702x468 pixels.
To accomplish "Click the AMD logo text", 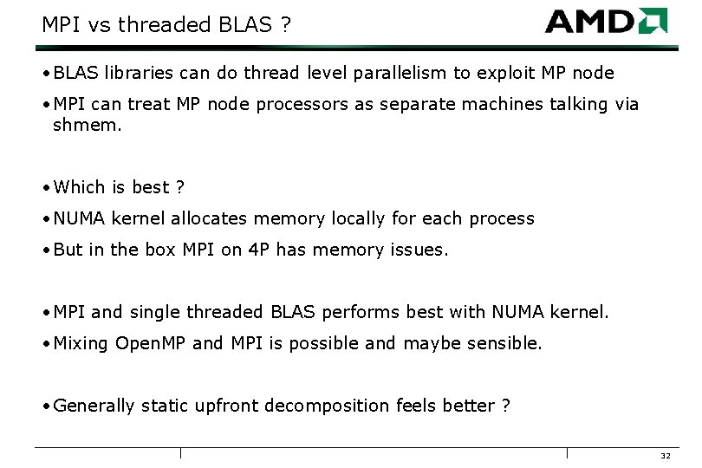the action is [x=591, y=22].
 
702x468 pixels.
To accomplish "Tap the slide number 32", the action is [x=666, y=456].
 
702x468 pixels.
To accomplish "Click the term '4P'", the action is [x=258, y=250].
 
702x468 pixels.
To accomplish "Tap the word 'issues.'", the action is [x=421, y=250].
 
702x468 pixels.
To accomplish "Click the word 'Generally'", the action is [x=94, y=406].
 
